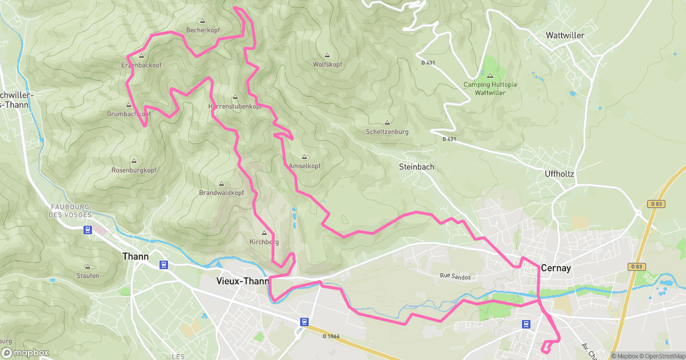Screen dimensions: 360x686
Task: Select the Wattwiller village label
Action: [x=565, y=35]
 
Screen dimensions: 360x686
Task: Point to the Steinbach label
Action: [x=416, y=167]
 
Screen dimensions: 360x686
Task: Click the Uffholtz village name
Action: [x=559, y=173]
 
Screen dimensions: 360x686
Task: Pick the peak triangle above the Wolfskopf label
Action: [x=327, y=55]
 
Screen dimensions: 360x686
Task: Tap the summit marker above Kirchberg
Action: [x=264, y=233]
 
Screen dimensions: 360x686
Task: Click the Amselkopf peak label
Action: [x=304, y=166]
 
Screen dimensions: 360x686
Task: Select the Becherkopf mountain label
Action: [x=204, y=30]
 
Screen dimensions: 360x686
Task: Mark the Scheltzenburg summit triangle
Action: [x=387, y=122]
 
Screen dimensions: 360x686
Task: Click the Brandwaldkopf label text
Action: [x=221, y=193]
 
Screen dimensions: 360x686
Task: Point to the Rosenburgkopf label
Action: [x=134, y=170]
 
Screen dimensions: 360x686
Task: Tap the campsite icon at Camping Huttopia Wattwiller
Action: [x=490, y=75]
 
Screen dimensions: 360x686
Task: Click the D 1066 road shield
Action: [x=331, y=336]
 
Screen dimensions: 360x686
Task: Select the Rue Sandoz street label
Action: [x=454, y=277]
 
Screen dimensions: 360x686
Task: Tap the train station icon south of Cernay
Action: [x=525, y=324]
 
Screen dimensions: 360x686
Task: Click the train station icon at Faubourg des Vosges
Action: [x=87, y=230]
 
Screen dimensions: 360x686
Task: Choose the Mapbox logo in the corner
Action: [x=25, y=353]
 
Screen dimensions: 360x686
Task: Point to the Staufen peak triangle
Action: [x=87, y=266]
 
